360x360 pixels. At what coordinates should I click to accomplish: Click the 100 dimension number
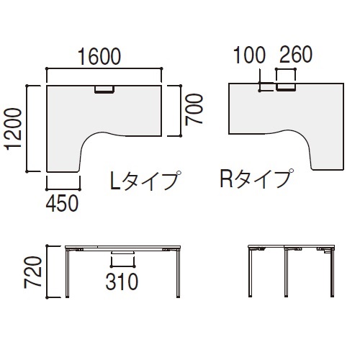point(249,55)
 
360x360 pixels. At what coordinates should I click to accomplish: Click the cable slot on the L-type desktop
point(105,89)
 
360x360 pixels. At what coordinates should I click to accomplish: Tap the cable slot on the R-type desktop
point(287,88)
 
